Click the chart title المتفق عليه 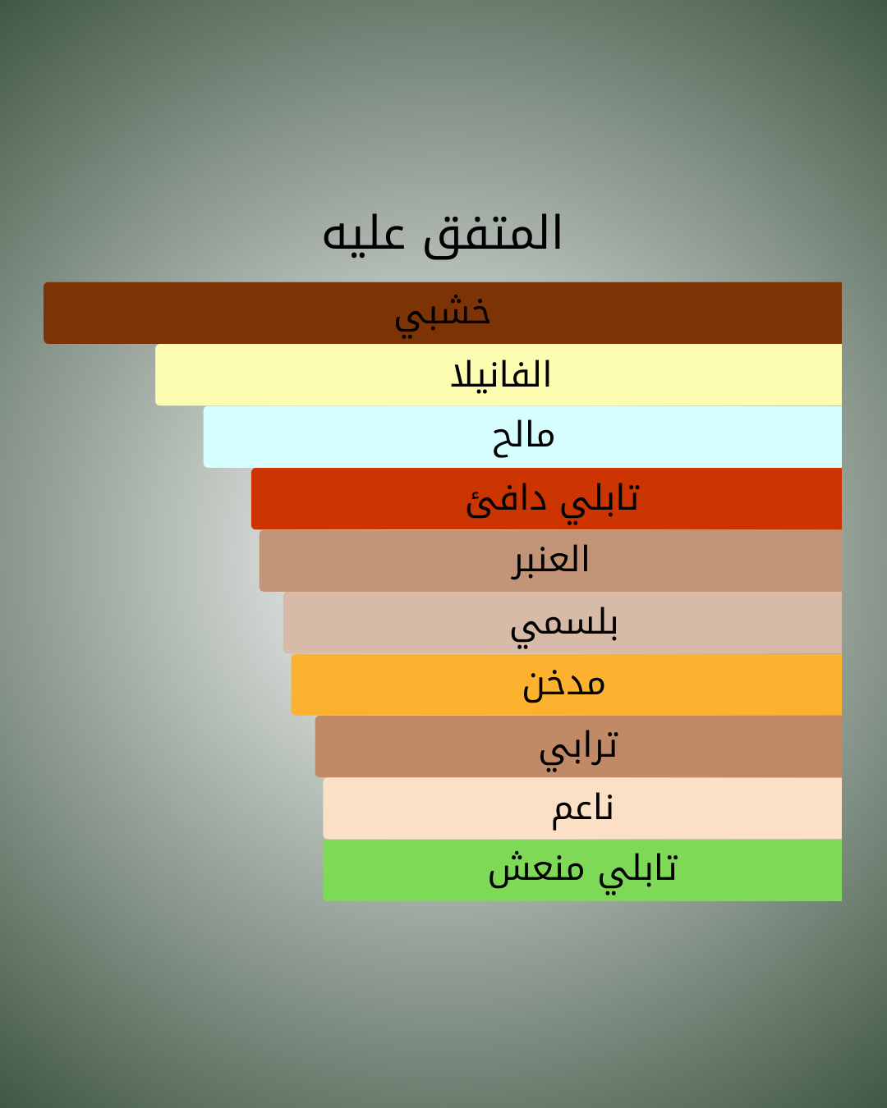coord(442,234)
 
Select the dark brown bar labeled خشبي coord(443,313)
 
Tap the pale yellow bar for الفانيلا coord(499,375)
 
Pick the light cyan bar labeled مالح coord(522,437)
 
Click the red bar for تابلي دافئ coord(546,499)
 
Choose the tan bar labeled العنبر coord(550,561)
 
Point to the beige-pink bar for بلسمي coord(563,622)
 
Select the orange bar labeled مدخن coord(567,684)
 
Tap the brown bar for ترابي coord(578,747)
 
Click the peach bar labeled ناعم coord(582,808)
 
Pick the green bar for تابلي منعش coord(582,871)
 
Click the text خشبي coord(443,316)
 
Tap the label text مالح coord(524,440)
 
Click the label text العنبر coord(550,561)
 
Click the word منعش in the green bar coord(536,871)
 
